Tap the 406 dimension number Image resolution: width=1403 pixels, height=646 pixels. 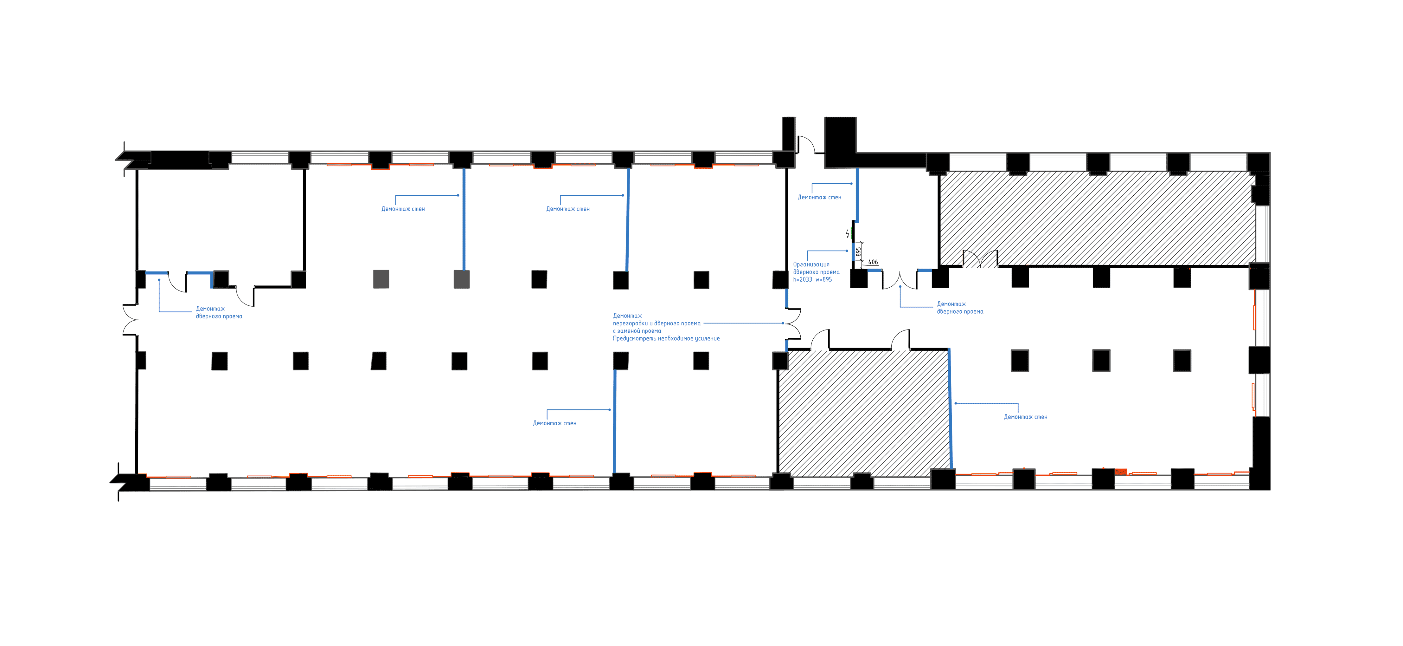pyautogui.click(x=873, y=262)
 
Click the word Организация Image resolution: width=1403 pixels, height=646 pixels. pyautogui.click(x=811, y=264)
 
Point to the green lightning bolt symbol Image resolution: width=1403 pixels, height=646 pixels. pyautogui.click(x=848, y=234)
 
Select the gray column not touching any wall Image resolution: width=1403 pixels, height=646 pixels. pyautogui.click(x=381, y=279)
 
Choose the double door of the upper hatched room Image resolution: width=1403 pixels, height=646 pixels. pyautogui.click(x=980, y=259)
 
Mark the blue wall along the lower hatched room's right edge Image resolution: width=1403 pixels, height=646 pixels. pyautogui.click(x=951, y=408)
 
